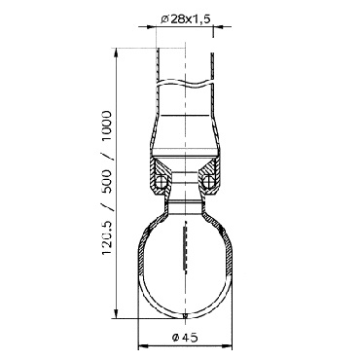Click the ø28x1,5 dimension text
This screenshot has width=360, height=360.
point(186,19)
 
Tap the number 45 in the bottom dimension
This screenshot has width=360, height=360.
point(190,338)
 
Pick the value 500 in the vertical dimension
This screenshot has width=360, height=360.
point(106,182)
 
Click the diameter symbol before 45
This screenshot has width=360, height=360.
point(175,338)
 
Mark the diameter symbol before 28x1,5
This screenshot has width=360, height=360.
point(164,19)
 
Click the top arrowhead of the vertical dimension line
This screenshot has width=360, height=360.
point(116,53)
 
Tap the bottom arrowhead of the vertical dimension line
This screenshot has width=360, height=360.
point(116,313)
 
